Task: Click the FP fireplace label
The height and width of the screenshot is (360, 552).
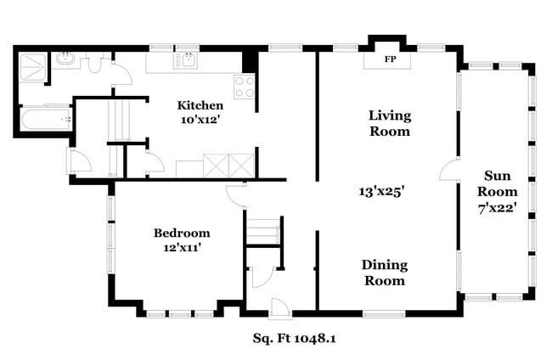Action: (390, 59)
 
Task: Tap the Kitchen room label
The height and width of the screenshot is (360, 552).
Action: (200, 105)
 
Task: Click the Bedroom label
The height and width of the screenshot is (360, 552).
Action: (182, 233)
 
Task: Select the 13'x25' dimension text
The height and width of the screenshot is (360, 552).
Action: (386, 192)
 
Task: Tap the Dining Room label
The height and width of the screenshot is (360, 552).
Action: (383, 272)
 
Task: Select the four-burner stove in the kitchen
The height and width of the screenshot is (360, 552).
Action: (244, 87)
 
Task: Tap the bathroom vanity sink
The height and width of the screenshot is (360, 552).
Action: (65, 60)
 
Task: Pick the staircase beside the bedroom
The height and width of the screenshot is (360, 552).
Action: (262, 231)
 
